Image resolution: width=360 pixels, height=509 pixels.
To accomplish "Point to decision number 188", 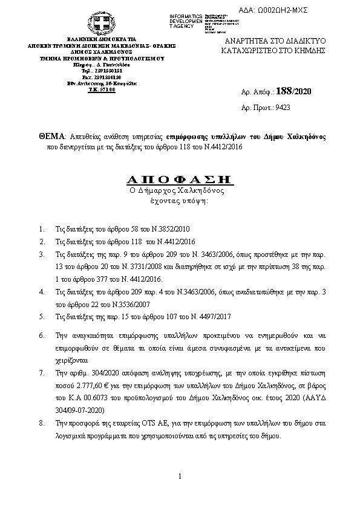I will (x=283, y=91).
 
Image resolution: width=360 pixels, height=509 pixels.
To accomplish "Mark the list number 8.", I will (x=41, y=424).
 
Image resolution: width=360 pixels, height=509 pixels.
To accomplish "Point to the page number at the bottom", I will (x=180, y=477).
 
